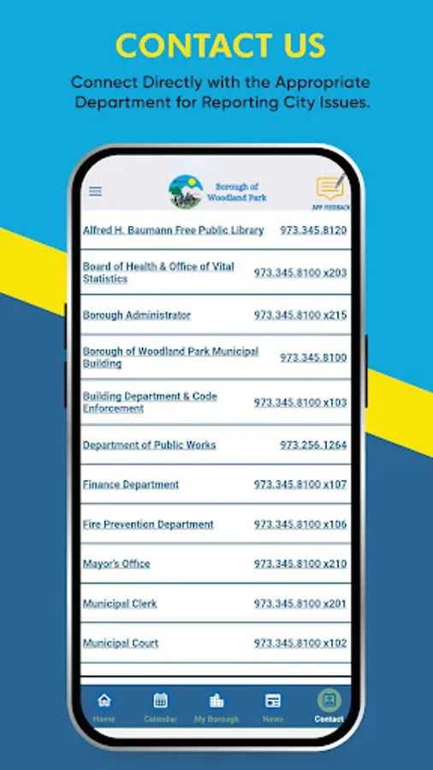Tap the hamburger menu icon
click(95, 192)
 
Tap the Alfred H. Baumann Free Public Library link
click(173, 230)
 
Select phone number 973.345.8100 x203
click(300, 273)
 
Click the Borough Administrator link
click(137, 315)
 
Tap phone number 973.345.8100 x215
click(300, 315)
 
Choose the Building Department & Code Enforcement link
click(150, 402)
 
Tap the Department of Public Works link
click(149, 445)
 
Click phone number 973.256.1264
click(313, 445)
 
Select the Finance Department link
click(131, 484)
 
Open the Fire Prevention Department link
click(148, 524)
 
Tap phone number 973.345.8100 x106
click(300, 524)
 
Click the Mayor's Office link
click(116, 564)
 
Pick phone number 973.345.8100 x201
click(300, 604)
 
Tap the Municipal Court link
click(121, 643)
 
